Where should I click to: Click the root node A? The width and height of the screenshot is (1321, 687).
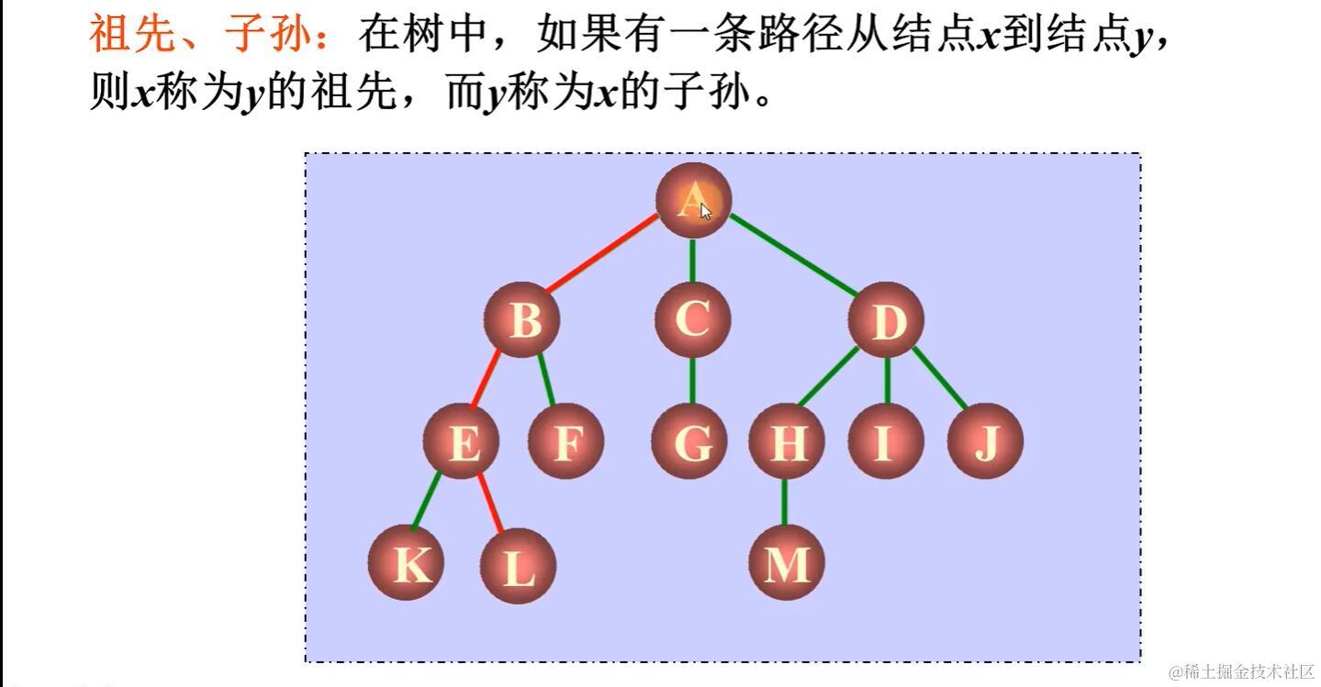click(693, 200)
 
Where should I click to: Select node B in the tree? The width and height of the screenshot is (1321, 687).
click(523, 320)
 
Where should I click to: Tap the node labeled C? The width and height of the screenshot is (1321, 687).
click(692, 319)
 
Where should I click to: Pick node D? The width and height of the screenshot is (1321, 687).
click(886, 320)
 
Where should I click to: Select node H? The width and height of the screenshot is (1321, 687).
click(787, 442)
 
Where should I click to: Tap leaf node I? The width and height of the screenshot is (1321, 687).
click(885, 442)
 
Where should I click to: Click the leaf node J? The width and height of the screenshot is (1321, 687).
click(985, 442)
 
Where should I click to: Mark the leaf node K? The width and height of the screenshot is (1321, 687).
click(407, 563)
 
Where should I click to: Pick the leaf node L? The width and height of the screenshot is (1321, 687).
click(519, 566)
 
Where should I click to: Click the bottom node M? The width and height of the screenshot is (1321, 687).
click(786, 563)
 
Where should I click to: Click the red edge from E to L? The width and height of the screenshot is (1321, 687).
click(493, 505)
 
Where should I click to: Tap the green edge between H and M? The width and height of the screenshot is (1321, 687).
click(784, 502)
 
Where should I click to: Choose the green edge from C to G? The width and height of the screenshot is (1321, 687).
click(691, 381)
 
